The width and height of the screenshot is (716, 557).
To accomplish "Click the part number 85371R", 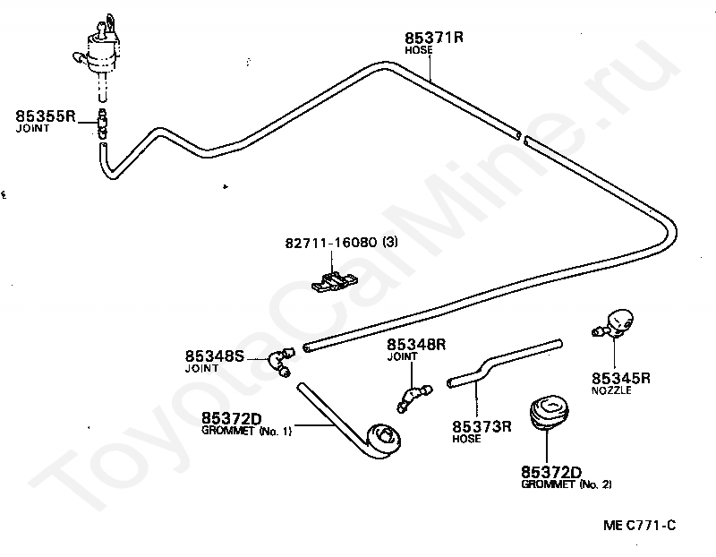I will (x=434, y=38).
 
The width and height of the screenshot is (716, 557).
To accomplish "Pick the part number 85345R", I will (x=621, y=378).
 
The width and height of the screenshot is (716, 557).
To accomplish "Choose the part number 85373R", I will (x=482, y=426).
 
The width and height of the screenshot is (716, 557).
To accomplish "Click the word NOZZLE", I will (x=611, y=391).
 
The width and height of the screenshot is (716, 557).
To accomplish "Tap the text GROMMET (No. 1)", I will (x=247, y=431).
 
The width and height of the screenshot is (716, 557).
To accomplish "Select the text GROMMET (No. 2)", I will (x=566, y=484).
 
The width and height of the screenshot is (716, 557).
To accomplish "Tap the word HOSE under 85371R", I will (x=418, y=51).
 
